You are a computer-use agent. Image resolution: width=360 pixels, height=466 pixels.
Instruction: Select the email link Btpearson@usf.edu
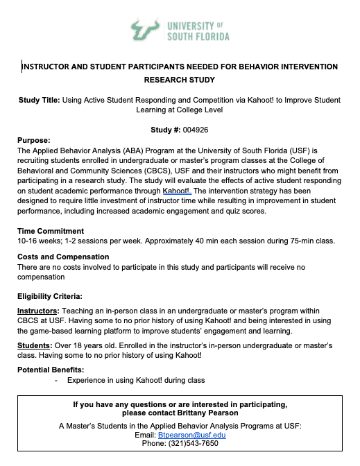point(187,435)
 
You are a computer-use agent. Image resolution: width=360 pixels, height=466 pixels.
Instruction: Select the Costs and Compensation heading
point(63,257)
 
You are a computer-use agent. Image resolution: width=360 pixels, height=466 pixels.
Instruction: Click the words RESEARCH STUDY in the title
point(180,80)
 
